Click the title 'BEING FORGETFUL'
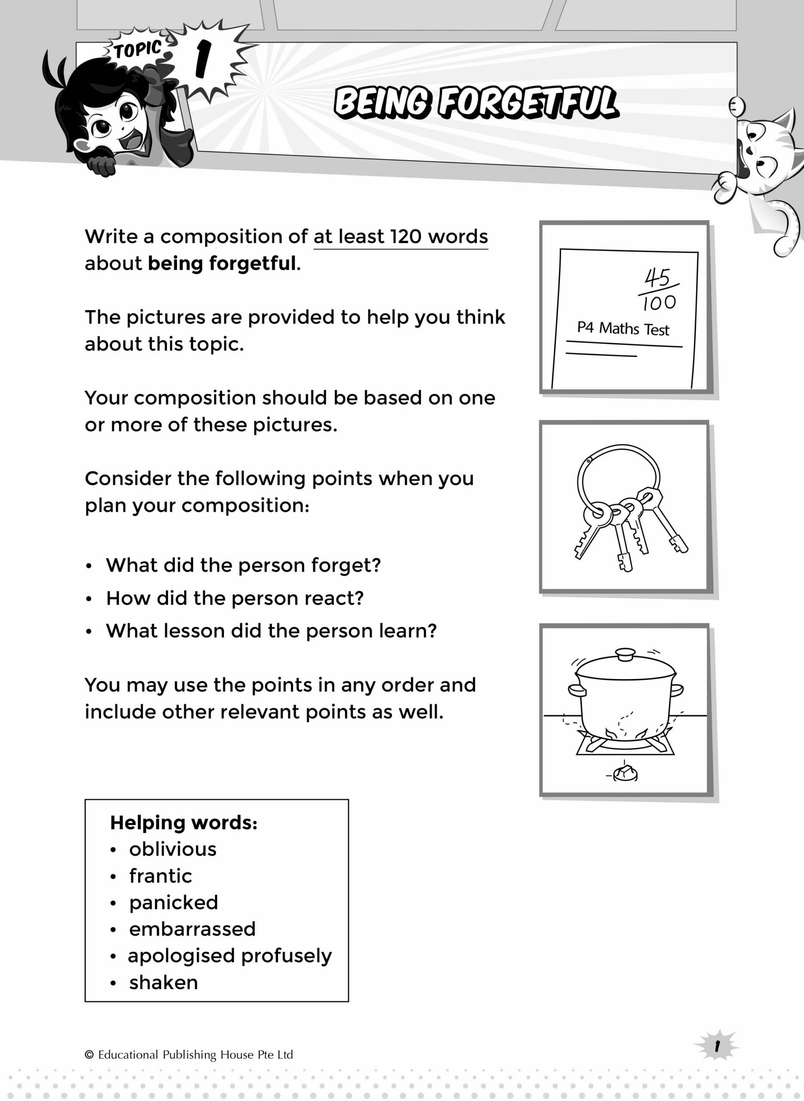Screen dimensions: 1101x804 [x=476, y=103]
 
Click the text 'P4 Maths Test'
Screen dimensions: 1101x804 [x=623, y=329]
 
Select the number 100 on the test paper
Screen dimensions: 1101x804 [x=659, y=303]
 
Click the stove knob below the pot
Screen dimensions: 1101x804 [x=625, y=773]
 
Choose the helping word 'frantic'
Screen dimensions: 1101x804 [x=161, y=876]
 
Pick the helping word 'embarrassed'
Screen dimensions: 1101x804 [x=192, y=929]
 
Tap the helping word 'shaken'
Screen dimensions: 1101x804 [x=164, y=983]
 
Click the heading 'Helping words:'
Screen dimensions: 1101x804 [x=183, y=822]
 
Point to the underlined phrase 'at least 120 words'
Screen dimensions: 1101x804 [x=400, y=237]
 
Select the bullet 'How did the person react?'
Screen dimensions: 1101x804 [x=235, y=598]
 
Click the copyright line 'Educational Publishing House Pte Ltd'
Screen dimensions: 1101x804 [x=195, y=1055]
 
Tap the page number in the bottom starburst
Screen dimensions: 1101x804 [x=717, y=1046]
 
